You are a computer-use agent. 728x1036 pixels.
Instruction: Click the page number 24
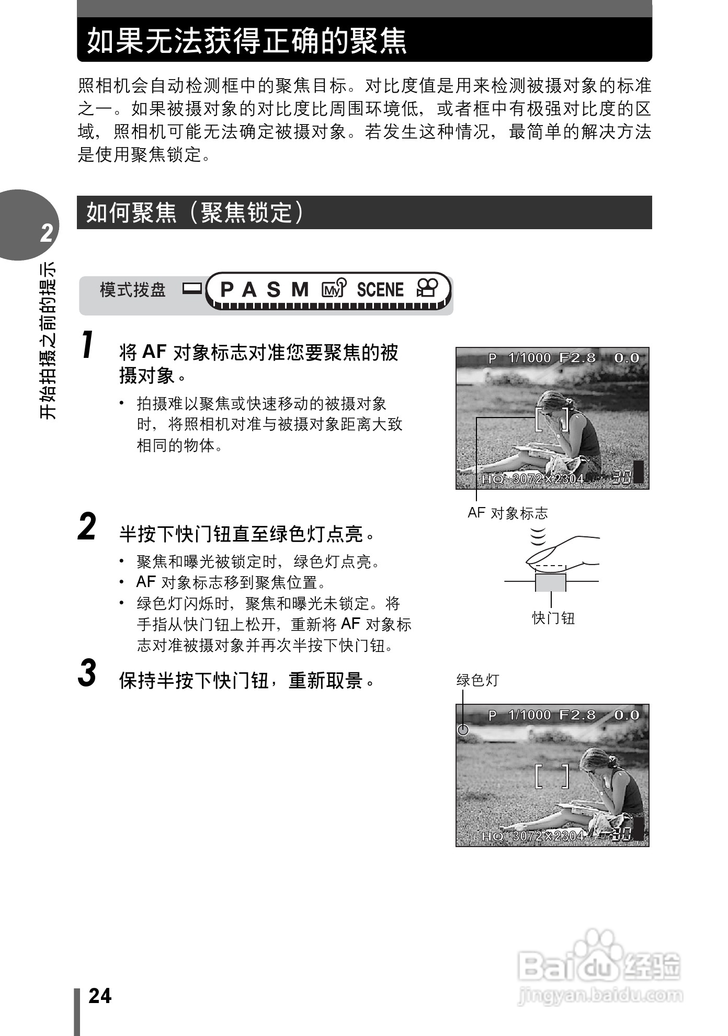[100, 996]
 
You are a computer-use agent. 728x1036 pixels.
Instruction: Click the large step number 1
[88, 345]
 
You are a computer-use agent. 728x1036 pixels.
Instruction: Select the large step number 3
[87, 673]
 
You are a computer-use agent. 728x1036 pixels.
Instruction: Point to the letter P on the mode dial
[226, 289]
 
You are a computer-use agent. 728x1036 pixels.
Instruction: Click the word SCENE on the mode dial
[380, 289]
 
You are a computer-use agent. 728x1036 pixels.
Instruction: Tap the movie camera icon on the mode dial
[427, 288]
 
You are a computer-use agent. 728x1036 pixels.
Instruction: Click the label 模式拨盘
[133, 289]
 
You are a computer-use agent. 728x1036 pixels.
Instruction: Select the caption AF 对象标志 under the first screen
[507, 513]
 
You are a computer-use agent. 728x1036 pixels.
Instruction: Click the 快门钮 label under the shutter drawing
[553, 618]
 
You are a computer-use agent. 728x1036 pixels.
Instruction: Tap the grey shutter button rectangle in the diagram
[551, 582]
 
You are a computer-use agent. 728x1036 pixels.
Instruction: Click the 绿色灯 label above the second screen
[477, 680]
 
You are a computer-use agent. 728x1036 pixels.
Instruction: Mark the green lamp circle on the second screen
[463, 730]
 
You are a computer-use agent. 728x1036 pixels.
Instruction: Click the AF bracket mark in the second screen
[552, 776]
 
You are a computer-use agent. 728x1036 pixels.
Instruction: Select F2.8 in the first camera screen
[577, 358]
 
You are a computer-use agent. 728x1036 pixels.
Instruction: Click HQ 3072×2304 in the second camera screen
[532, 836]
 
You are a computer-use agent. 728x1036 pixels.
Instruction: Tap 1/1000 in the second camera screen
[529, 715]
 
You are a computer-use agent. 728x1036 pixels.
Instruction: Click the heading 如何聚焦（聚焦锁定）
[195, 212]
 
